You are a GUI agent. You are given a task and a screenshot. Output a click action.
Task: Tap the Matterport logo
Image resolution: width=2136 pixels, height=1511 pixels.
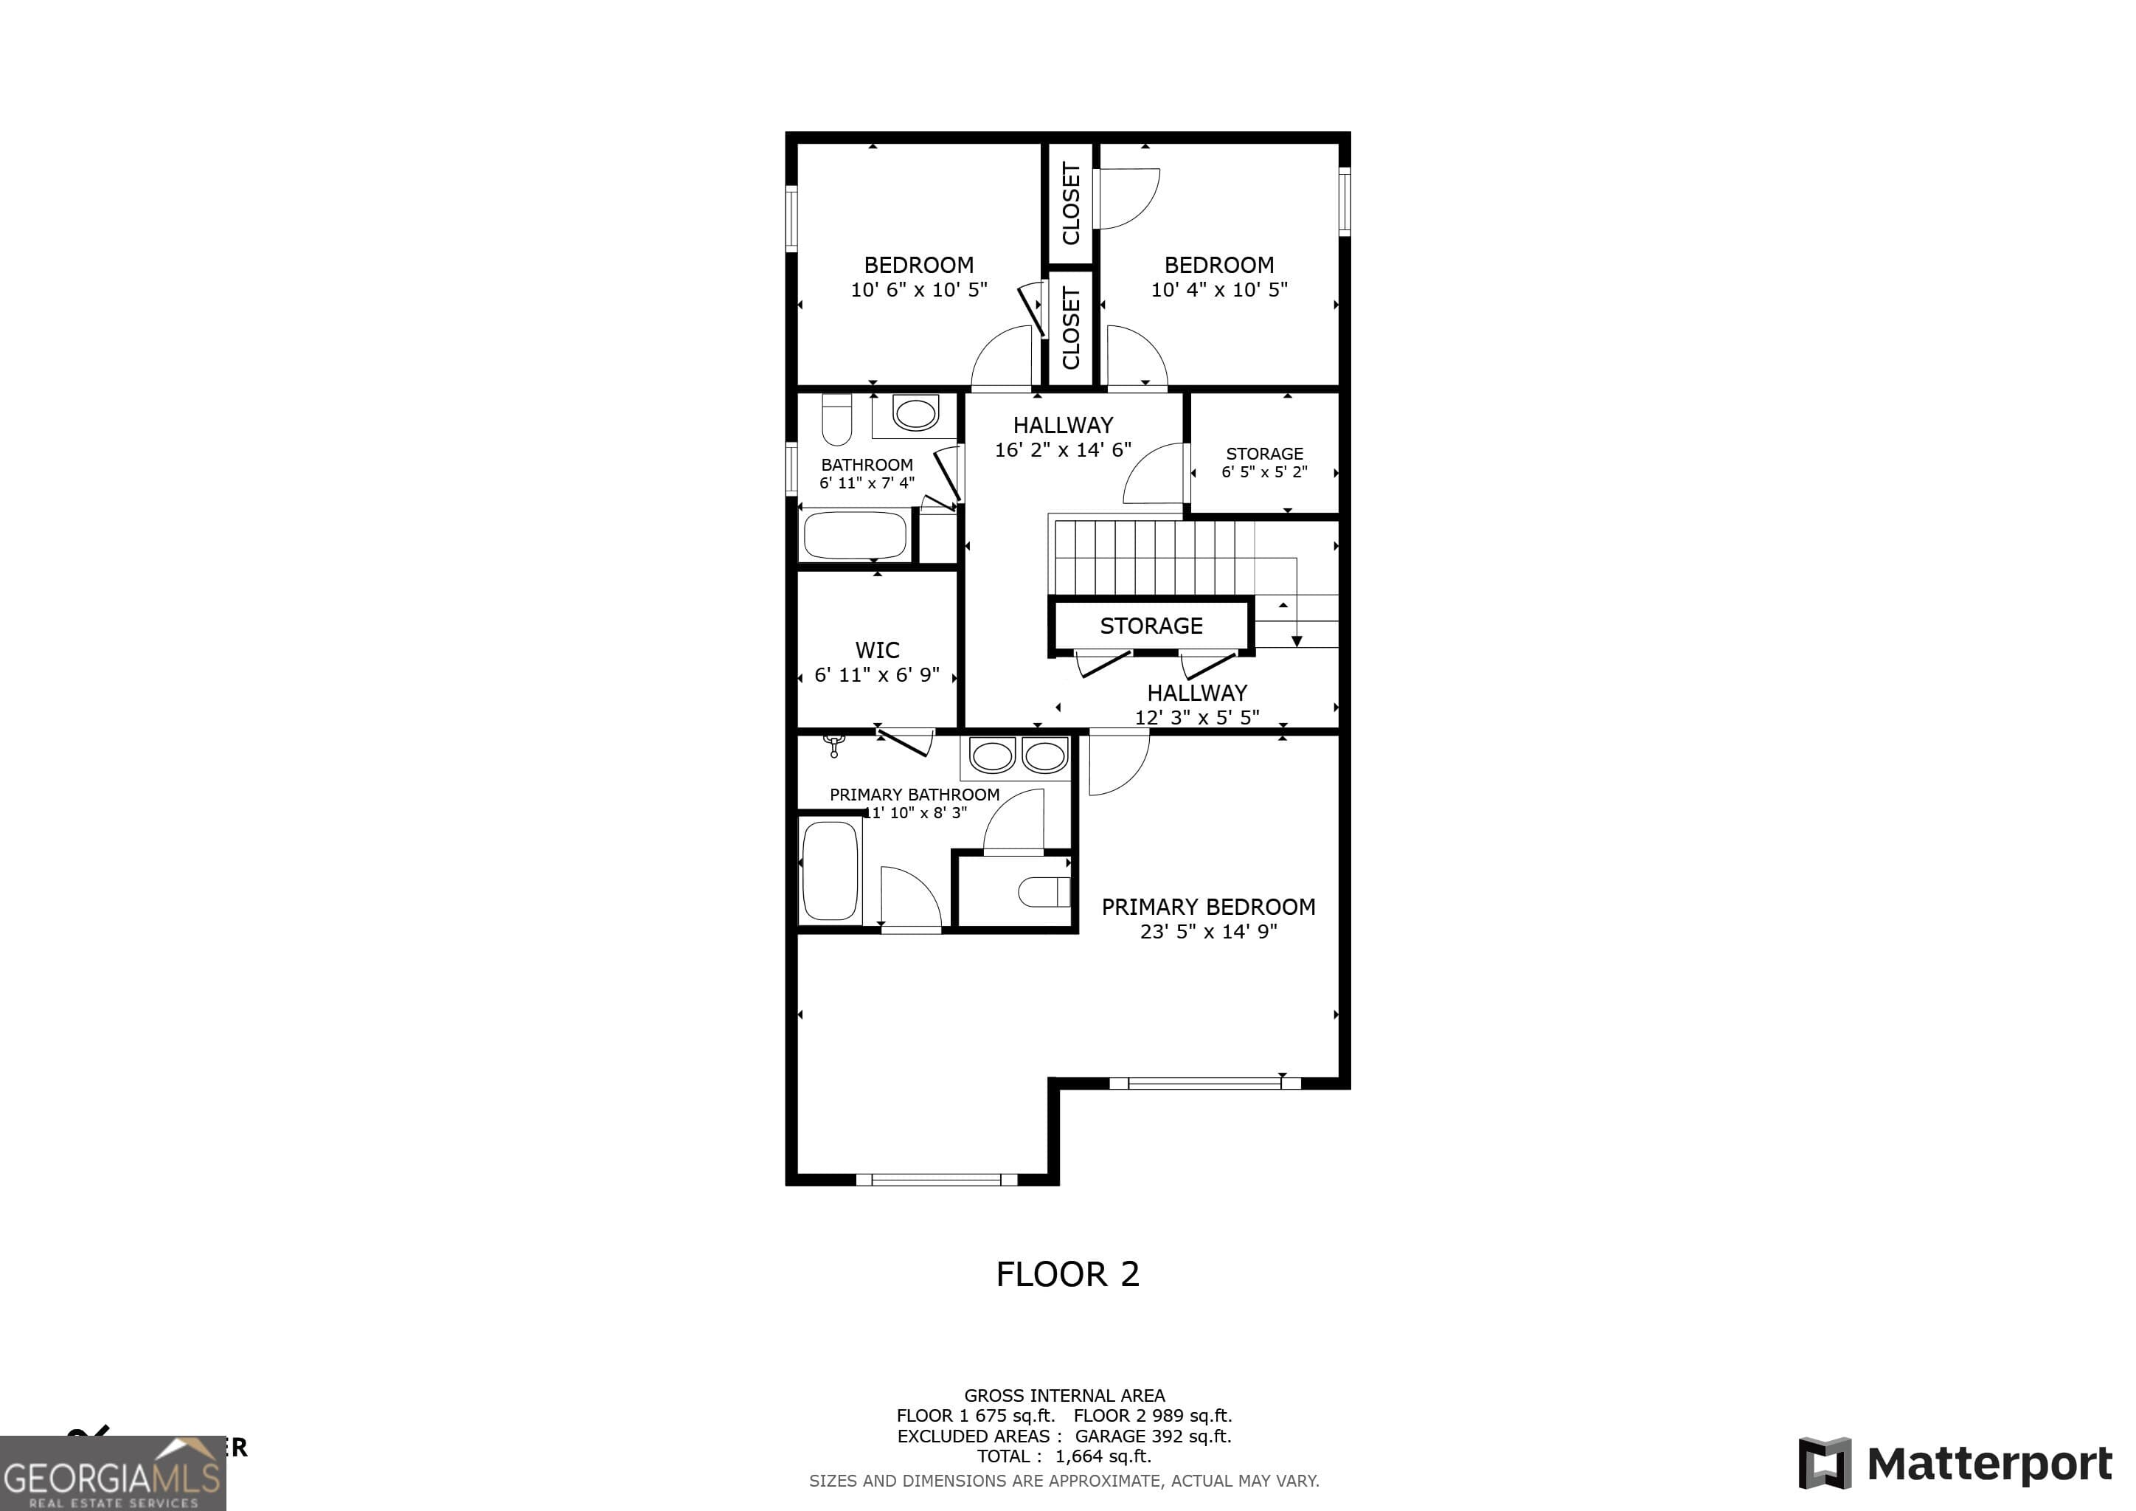click(1955, 1464)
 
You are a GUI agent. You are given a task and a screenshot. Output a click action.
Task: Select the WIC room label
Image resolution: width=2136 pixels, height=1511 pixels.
click(877, 649)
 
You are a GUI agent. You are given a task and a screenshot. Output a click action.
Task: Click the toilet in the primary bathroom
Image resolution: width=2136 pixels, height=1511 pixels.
click(1043, 891)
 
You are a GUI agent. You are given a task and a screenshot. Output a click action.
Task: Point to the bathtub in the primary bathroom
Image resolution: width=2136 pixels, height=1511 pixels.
click(830, 870)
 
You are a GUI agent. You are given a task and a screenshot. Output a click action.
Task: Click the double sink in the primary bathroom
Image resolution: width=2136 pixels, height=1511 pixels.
click(1018, 756)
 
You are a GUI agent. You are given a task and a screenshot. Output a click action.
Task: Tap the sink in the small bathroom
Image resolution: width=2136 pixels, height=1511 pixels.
click(915, 413)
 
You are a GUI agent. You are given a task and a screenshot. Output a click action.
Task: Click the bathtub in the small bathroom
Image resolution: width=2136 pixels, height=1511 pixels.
click(855, 535)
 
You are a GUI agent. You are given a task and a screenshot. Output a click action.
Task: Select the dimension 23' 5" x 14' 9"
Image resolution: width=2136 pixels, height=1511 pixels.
click(1208, 931)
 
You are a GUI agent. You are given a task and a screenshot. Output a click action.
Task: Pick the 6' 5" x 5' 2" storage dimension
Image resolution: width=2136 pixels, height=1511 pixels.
click(1264, 471)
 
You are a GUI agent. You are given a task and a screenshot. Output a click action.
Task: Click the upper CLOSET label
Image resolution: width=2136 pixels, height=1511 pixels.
click(1071, 203)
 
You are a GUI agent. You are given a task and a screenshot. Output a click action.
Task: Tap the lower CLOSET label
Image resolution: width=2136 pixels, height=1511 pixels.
click(1071, 328)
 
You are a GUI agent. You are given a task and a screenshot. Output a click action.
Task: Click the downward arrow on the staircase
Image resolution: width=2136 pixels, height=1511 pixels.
click(1296, 640)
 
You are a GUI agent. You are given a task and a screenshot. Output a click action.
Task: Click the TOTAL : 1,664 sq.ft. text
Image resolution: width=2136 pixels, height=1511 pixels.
click(1064, 1456)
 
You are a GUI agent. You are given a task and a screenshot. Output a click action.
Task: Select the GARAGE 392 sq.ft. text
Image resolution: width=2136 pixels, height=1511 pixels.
click(1153, 1436)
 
